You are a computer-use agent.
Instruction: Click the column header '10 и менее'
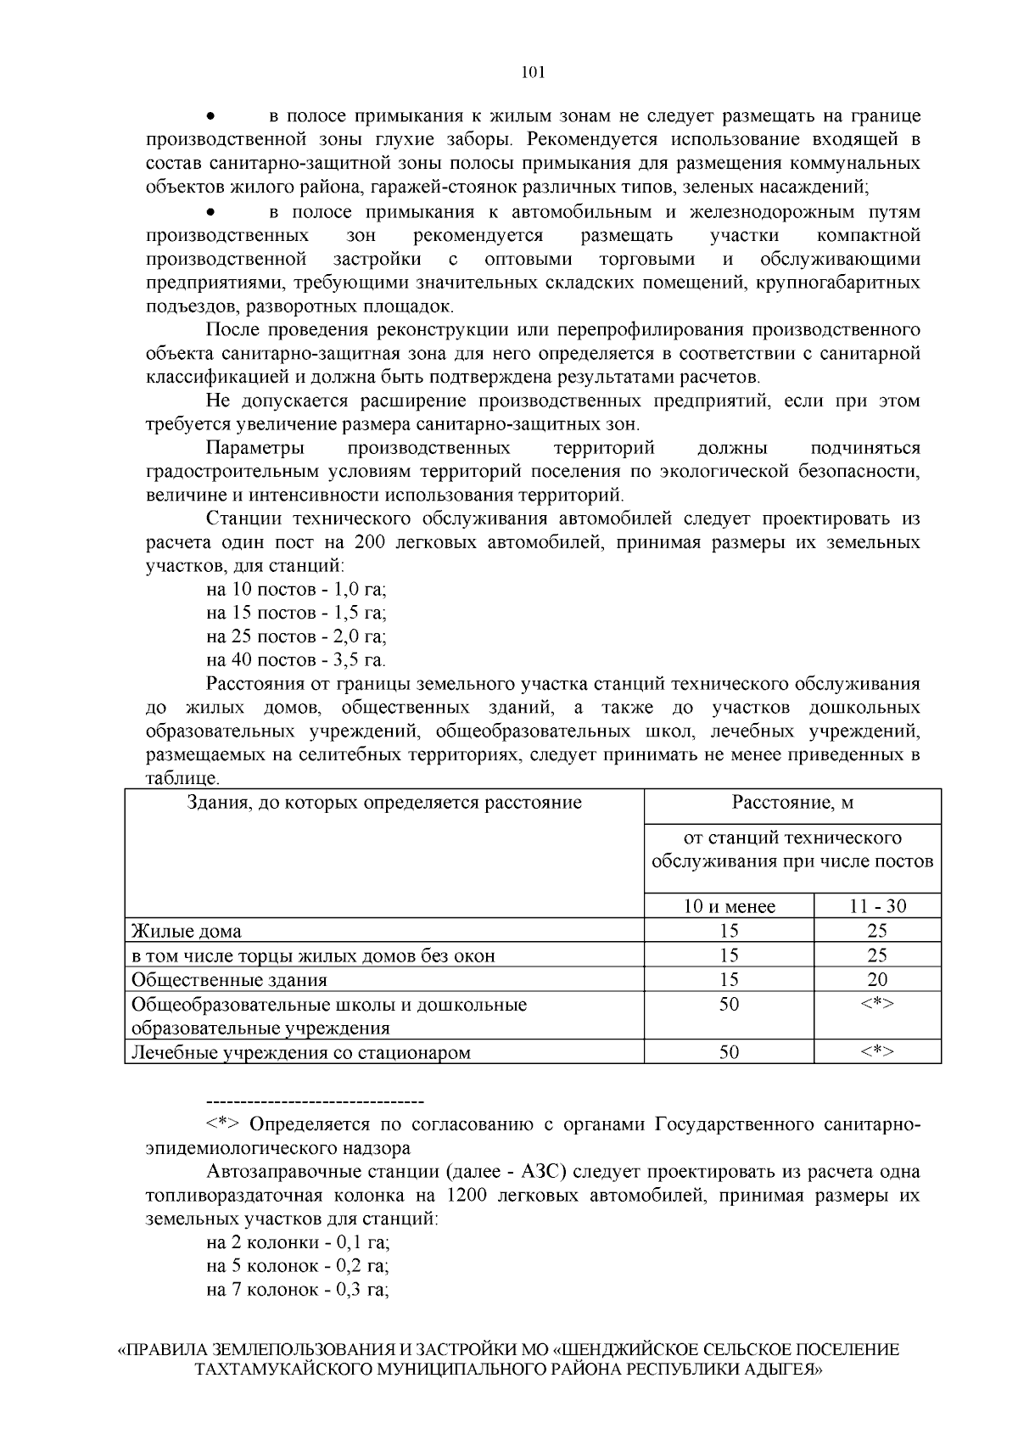[729, 906]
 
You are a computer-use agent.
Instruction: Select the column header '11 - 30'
[877, 906]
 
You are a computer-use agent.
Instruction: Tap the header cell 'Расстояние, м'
[792, 803]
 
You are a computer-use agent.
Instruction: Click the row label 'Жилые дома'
[186, 932]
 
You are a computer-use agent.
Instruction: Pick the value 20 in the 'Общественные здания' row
[877, 980]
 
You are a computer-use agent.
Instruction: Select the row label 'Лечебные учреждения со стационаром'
[300, 1053]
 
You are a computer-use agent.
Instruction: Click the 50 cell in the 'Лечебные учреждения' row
[729, 1052]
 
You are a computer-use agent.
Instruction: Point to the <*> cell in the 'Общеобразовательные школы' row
[877, 1004]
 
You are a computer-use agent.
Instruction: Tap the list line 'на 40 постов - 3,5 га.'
[296, 659]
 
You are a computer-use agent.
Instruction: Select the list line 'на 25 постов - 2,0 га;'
[296, 636]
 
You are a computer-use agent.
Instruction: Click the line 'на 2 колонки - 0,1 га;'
[297, 1243]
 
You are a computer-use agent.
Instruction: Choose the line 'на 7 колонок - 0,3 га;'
[297, 1291]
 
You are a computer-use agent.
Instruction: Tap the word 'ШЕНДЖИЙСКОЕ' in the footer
[627, 1349]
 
